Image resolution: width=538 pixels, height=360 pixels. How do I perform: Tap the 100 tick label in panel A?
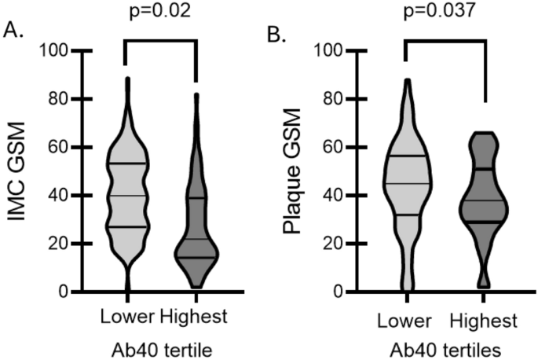click(x=54, y=51)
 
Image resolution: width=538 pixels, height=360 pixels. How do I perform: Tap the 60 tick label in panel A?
click(x=59, y=148)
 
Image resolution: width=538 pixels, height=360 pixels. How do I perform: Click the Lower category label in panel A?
click(x=128, y=318)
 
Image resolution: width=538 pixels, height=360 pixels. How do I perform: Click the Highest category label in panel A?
click(x=193, y=318)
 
